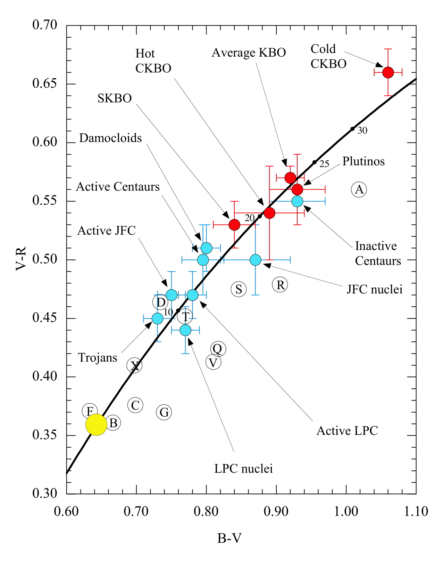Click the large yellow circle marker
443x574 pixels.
tap(96, 425)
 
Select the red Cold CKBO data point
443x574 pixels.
tap(388, 72)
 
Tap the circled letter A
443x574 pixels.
tap(359, 190)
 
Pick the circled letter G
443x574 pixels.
tap(164, 412)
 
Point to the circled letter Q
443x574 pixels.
tap(218, 349)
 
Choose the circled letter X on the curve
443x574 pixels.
tap(134, 365)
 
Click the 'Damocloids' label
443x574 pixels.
tap(110, 138)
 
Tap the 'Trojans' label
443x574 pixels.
tap(98, 358)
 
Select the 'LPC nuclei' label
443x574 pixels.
tap(243, 469)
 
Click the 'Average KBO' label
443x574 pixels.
tap(249, 53)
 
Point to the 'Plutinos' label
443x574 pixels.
tap(363, 161)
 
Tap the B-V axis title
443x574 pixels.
tap(229, 538)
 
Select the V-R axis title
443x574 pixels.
tap(22, 259)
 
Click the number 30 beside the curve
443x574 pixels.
tap(362, 131)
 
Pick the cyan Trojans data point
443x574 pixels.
tap(158, 318)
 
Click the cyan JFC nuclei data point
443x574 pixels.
tap(256, 260)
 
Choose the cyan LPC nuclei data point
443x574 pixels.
tap(185, 330)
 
